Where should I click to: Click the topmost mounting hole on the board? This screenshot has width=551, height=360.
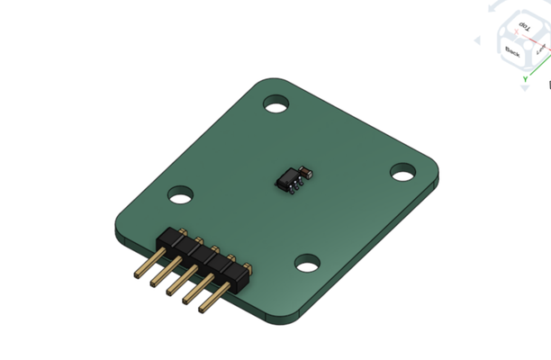[x=275, y=104]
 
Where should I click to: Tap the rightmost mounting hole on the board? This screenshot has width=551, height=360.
[x=402, y=171]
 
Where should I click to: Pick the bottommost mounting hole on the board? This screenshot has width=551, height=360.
[x=308, y=263]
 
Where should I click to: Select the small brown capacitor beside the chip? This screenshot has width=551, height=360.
[x=307, y=167]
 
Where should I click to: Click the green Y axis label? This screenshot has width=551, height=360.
[x=525, y=79]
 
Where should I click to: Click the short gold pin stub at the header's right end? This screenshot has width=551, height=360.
[x=244, y=265]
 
